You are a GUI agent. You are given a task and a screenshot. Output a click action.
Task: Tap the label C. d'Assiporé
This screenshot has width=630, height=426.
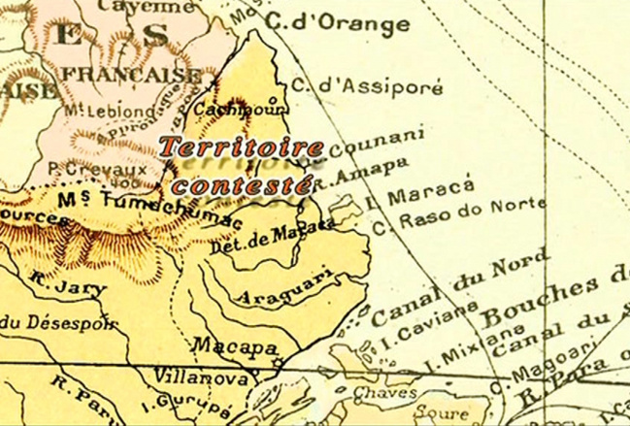pos(367,86)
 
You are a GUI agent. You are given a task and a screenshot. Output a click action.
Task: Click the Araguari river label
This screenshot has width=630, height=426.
pos(279,288)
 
